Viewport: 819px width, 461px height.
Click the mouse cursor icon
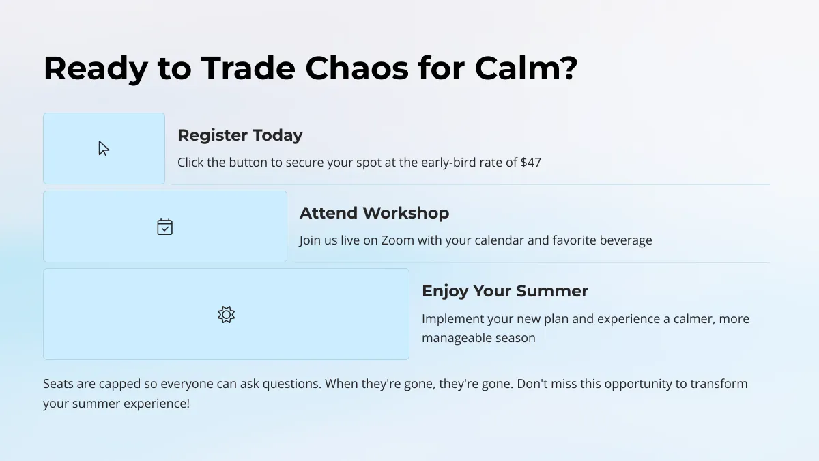pos(104,149)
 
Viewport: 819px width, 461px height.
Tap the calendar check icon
pos(165,227)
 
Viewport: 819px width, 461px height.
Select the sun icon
pos(227,315)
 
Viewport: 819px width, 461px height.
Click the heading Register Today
pos(240,135)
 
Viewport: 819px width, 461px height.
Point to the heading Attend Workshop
pos(375,213)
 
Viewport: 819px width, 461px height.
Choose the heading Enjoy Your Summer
pos(505,291)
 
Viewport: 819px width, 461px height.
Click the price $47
pos(531,163)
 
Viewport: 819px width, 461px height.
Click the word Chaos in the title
pos(357,68)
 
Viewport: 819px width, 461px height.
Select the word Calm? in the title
pos(526,68)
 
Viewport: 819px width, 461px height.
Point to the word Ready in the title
pos(96,70)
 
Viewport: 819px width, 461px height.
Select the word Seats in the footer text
pos(58,384)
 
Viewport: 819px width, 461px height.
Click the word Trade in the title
pos(248,68)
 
